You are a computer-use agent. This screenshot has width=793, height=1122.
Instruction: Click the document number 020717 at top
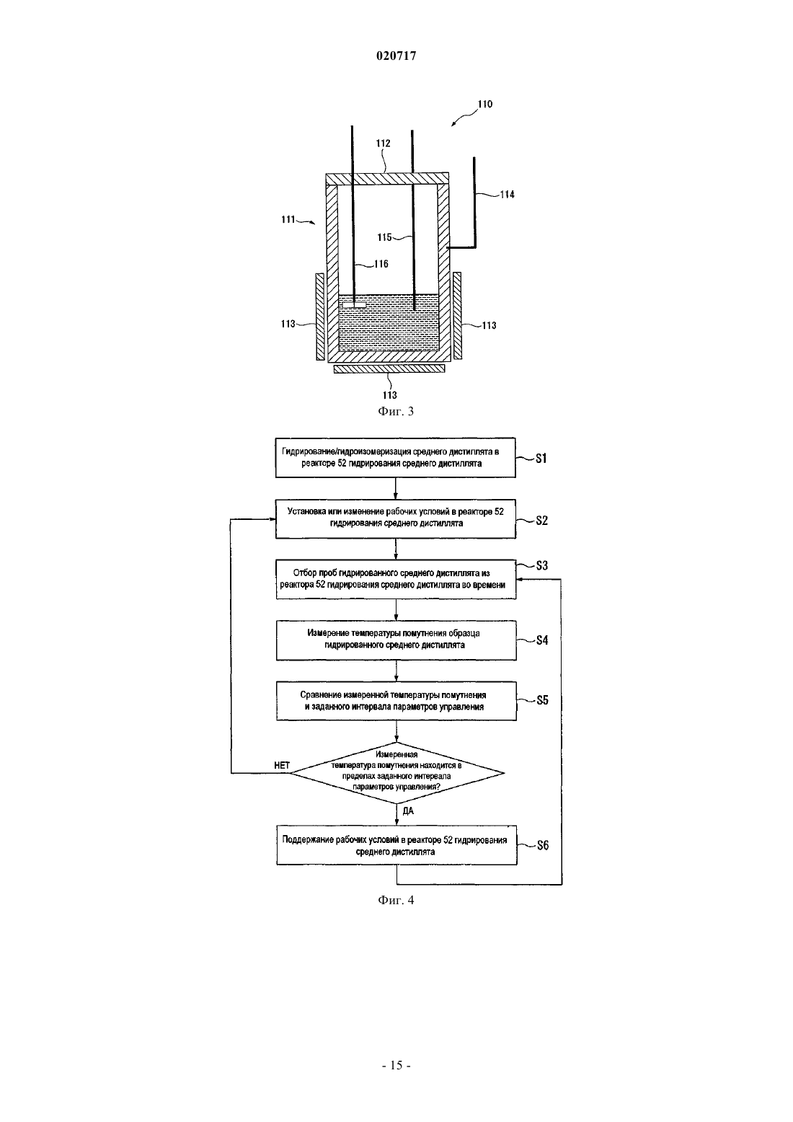396,56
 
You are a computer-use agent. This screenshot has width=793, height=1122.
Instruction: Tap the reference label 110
485,104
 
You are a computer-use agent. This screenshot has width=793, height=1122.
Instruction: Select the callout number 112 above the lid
383,143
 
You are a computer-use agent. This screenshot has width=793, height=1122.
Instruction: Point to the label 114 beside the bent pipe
507,195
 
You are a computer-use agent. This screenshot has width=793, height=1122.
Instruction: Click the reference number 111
288,219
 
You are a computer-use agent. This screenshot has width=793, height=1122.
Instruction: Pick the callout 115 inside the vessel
384,237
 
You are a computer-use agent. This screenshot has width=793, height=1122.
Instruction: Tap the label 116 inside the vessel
381,264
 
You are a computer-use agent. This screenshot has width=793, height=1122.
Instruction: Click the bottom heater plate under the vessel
389,368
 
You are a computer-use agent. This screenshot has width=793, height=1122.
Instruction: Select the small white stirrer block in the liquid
355,304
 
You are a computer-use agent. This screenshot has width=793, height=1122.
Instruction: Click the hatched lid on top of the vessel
387,179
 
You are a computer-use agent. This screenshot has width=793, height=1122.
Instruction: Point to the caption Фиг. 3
396,411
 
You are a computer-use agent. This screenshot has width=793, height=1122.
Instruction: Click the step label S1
541,459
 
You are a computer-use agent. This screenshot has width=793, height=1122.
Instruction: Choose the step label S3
542,565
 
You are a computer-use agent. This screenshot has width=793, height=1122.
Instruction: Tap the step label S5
543,700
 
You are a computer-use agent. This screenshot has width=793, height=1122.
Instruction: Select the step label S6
543,846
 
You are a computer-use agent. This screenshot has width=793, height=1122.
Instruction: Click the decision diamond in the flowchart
397,773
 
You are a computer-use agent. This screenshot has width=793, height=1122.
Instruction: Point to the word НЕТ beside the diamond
282,765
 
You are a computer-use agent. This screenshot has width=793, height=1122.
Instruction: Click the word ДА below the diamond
408,811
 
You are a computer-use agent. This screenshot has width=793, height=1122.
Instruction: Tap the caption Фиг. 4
396,900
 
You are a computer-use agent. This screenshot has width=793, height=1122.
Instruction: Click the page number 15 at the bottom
396,1065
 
